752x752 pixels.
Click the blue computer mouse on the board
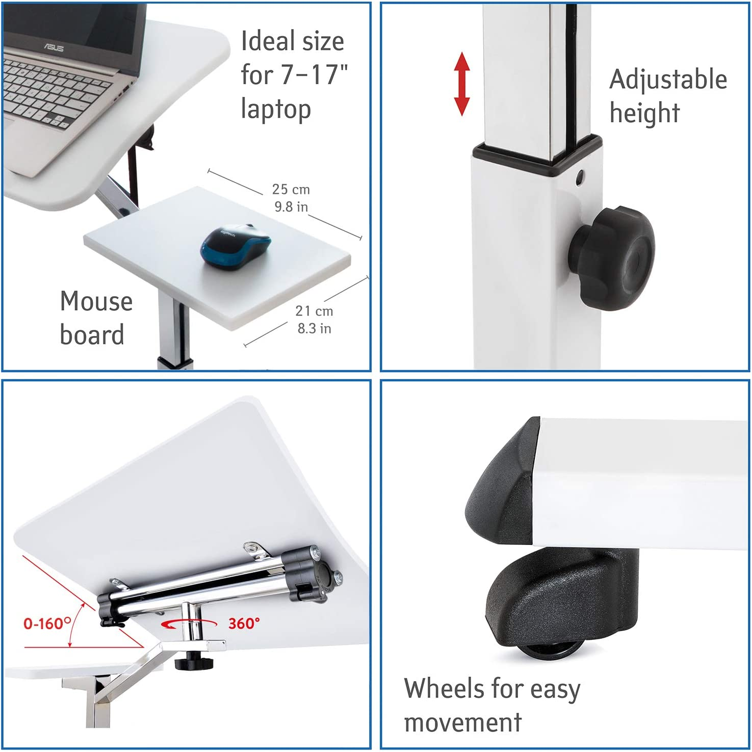coord(236,246)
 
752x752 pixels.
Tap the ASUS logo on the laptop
coord(53,47)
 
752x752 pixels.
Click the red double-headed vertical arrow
coord(462,84)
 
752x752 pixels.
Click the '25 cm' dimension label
coord(291,189)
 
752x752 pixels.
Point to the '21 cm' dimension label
coord(314,311)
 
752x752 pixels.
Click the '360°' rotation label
coord(244,623)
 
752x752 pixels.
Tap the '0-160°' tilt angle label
coord(47,623)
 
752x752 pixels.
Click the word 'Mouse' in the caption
coord(96,301)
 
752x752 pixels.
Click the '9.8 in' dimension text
coord(291,206)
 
